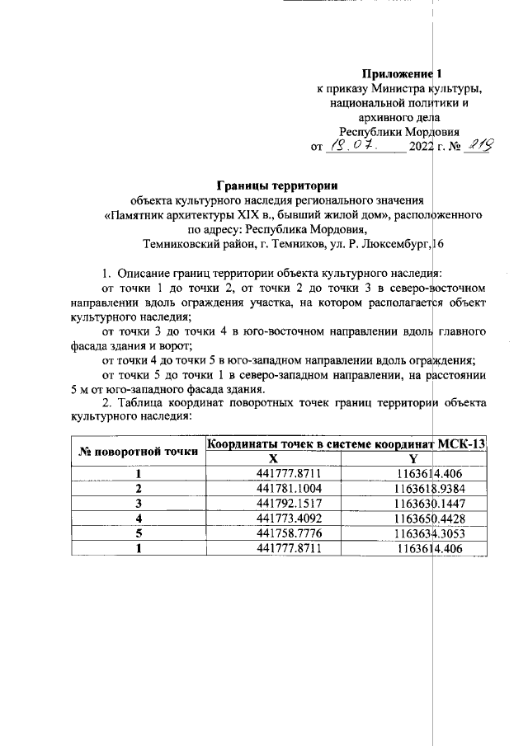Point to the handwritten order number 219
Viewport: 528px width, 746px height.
tap(478, 145)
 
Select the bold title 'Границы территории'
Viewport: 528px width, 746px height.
tap(277, 184)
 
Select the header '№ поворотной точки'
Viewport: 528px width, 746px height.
tap(138, 452)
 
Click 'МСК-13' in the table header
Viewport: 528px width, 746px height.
tap(460, 445)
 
